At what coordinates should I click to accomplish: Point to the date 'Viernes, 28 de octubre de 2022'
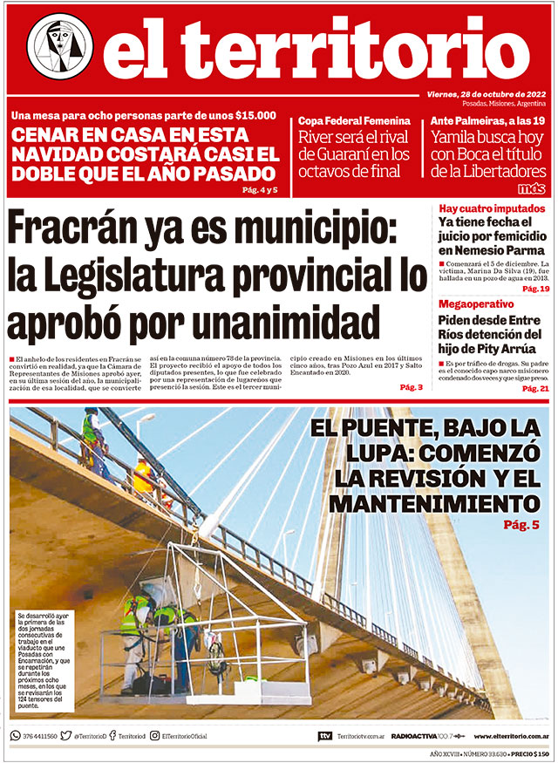pos(486,94)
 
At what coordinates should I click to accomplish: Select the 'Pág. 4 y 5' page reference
pos(259,189)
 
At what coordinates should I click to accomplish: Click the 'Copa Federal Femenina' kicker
pos(354,120)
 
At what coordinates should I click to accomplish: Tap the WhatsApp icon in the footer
pos(15,736)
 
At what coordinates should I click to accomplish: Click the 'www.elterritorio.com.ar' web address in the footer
pos(511,736)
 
